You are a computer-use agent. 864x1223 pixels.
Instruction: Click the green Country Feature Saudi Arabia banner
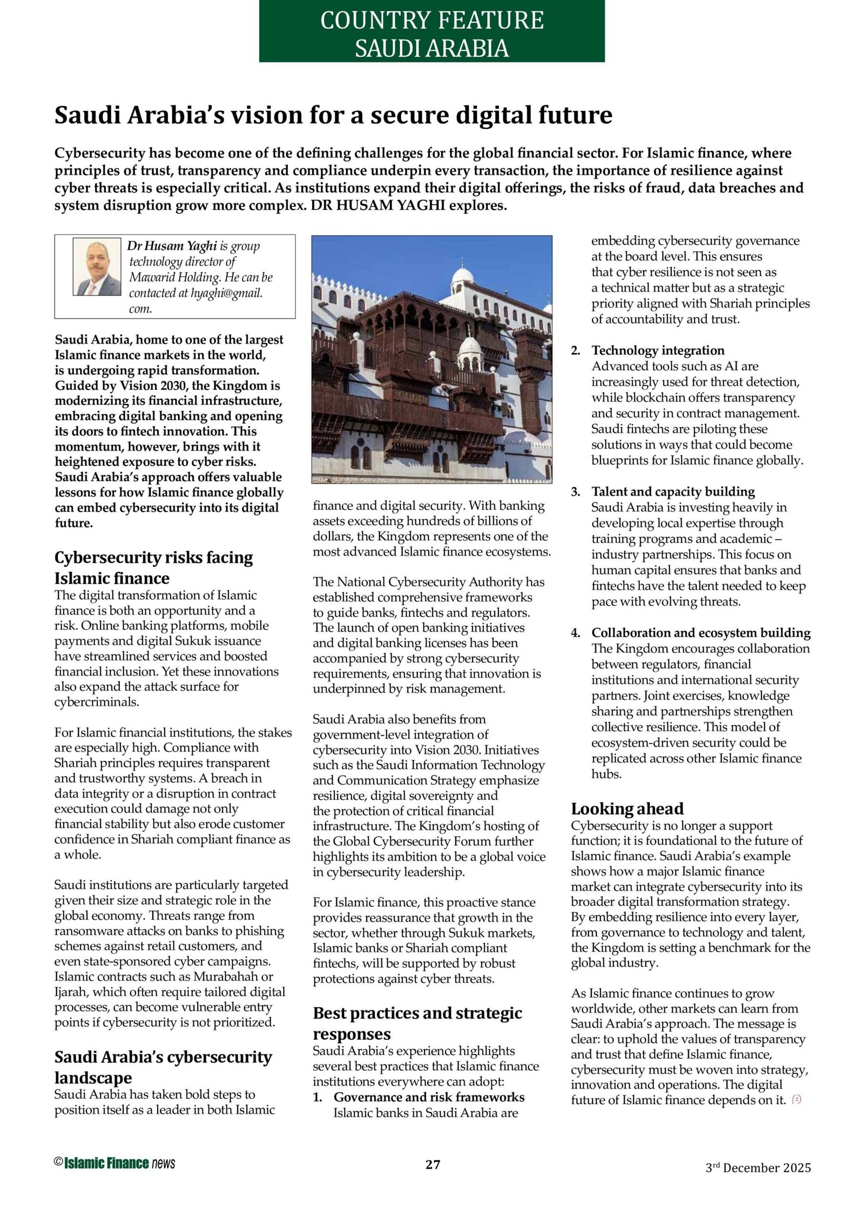coord(431,31)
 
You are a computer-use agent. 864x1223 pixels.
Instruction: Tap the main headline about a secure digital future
coord(333,115)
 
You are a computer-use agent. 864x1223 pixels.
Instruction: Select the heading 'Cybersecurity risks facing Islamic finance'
coord(153,567)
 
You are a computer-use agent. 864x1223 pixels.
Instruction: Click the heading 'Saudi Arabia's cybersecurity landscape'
coord(163,1067)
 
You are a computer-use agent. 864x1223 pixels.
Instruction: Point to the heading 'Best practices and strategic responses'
coord(417,1023)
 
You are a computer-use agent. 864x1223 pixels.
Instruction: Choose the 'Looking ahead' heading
coord(627,808)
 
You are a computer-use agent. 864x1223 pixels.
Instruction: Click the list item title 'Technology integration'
coord(658,350)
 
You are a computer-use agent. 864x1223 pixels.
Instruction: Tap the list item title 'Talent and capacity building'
coord(673,491)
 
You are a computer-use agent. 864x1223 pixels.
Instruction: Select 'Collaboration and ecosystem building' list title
coord(701,632)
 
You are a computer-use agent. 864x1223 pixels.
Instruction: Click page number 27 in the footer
coord(433,1164)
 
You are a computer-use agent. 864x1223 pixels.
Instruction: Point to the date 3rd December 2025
coord(758,1167)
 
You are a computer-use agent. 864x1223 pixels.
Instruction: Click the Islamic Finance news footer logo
coord(114,1164)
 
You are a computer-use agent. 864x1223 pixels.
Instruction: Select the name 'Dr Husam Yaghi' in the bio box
coord(172,246)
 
